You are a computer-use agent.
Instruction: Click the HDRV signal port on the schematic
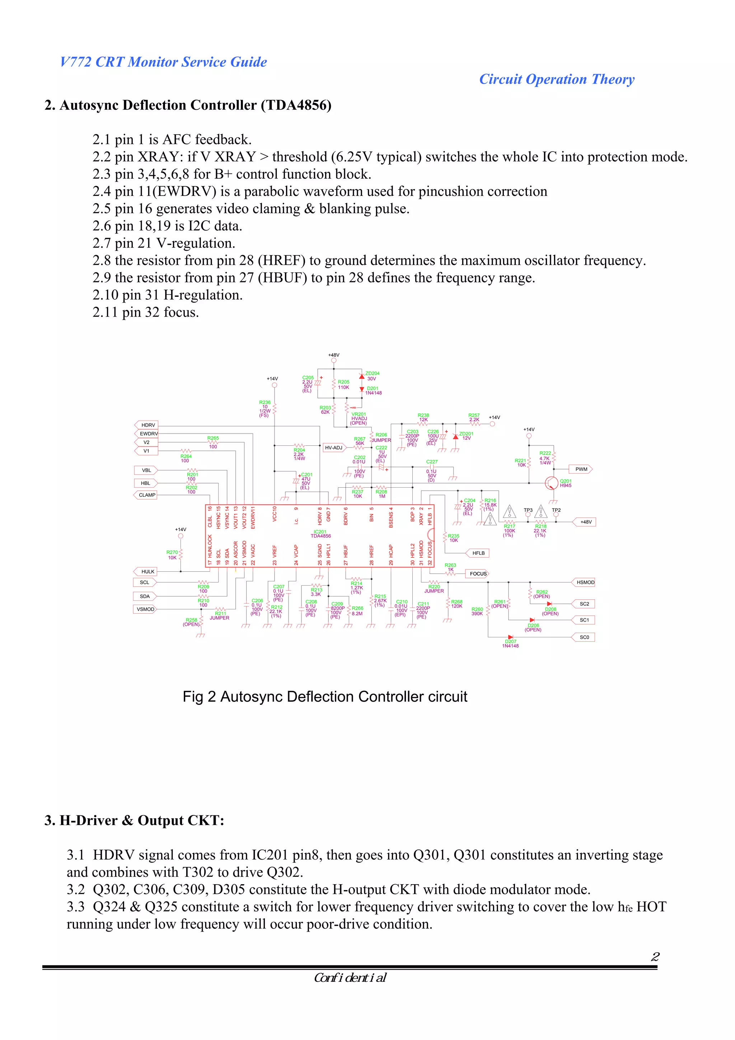pyautogui.click(x=147, y=425)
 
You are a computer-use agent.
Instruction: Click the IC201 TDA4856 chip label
pyautogui.click(x=320, y=534)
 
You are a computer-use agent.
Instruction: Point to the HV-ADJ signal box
pyautogui.click(x=333, y=448)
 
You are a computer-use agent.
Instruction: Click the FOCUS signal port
pyautogui.click(x=477, y=573)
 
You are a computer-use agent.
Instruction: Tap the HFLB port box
pyautogui.click(x=478, y=553)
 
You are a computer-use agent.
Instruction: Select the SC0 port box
pyautogui.click(x=584, y=637)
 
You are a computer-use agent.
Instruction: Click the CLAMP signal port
pyautogui.click(x=146, y=495)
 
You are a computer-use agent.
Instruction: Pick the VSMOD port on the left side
pyautogui.click(x=145, y=609)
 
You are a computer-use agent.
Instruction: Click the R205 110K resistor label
pyautogui.click(x=343, y=385)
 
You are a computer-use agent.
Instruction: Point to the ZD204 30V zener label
pyautogui.click(x=372, y=376)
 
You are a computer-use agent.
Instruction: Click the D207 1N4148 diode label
pyautogui.click(x=510, y=643)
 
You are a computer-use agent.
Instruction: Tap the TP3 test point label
pyautogui.click(x=528, y=510)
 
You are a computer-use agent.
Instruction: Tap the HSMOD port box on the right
pyautogui.click(x=585, y=582)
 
